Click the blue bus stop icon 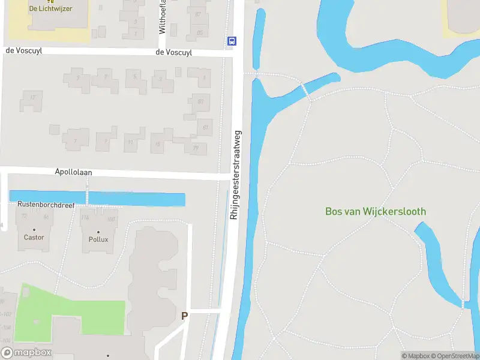[232, 41]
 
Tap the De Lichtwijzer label [50, 8]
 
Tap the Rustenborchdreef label [46, 205]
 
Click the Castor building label [34, 238]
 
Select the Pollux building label [98, 239]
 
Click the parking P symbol [184, 316]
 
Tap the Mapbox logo [26, 353]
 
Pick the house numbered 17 [32, 98]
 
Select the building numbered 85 [199, 32]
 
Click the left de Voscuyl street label [23, 50]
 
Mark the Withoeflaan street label [162, 17]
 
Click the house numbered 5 [135, 77]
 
